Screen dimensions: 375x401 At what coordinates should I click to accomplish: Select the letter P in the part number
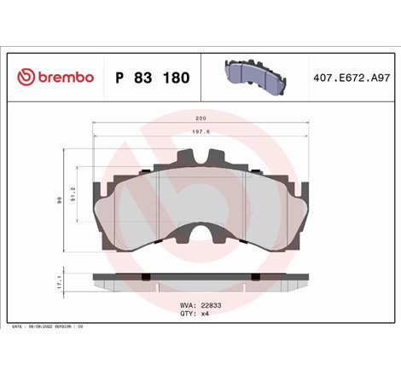[x=119, y=78]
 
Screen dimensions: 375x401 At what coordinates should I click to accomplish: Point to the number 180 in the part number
[x=176, y=78]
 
